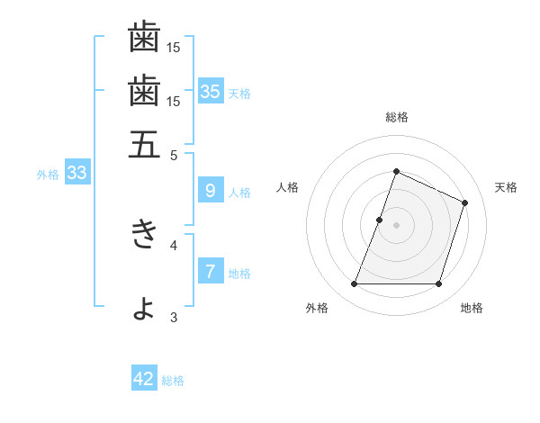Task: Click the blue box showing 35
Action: [x=211, y=91]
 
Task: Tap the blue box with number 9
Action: [x=210, y=190]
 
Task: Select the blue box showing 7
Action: [x=210, y=271]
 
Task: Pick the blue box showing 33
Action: [x=76, y=173]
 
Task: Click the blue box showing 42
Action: [x=144, y=379]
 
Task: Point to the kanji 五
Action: [x=144, y=144]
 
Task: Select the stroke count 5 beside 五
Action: [x=174, y=154]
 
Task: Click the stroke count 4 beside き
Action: [x=174, y=244]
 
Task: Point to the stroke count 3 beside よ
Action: [x=174, y=316]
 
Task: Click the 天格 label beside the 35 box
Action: [x=239, y=93]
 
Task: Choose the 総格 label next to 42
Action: [x=173, y=381]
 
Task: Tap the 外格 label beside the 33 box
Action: [x=48, y=175]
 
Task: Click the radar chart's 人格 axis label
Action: [x=287, y=187]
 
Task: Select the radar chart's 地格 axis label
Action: [x=472, y=308]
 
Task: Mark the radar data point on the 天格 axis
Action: [x=465, y=202]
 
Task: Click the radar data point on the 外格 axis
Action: [x=354, y=284]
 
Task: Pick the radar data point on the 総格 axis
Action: [x=396, y=171]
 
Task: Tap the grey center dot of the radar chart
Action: [x=396, y=225]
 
